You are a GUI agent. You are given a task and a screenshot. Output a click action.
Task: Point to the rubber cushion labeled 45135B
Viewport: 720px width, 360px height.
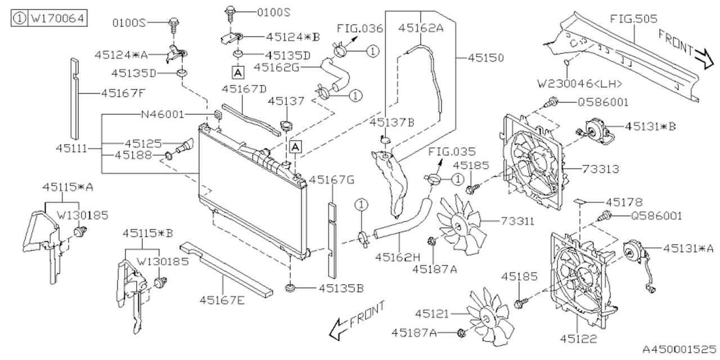[x=291, y=289]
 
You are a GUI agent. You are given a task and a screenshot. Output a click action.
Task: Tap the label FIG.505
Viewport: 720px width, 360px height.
[x=633, y=19]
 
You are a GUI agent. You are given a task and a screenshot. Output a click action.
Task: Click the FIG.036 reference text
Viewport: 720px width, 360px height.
[x=358, y=28]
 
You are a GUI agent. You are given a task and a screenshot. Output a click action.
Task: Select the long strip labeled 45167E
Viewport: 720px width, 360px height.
[x=225, y=269]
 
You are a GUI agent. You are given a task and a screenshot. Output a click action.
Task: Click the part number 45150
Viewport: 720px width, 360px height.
[x=485, y=58]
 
